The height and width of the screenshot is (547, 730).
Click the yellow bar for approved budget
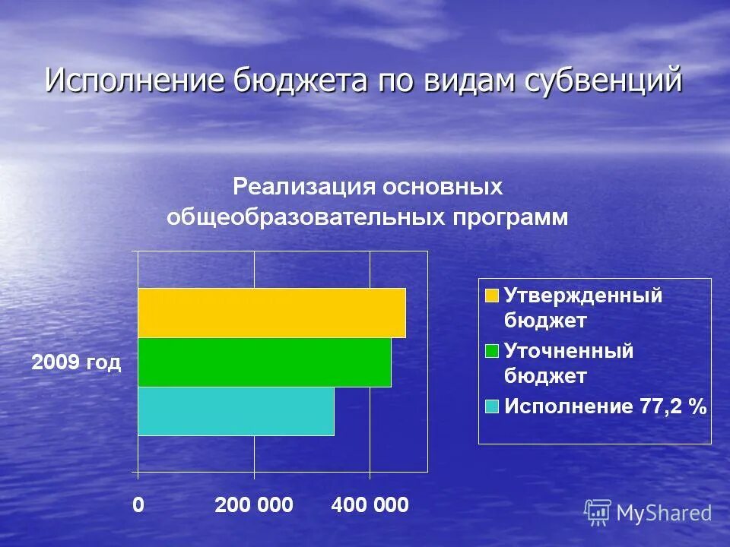click(x=271, y=313)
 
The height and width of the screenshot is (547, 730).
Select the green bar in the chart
click(x=264, y=362)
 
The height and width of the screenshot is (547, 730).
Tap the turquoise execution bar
click(x=236, y=412)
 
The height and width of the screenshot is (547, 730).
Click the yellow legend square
click(x=492, y=296)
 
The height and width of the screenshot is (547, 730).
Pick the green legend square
click(x=492, y=351)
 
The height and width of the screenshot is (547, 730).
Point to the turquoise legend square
click(x=492, y=406)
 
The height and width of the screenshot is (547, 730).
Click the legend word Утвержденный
click(x=583, y=296)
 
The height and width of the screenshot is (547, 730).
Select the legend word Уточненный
click(x=569, y=351)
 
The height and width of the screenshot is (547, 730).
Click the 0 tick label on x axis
click(x=138, y=505)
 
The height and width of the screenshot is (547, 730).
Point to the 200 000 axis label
click(x=254, y=505)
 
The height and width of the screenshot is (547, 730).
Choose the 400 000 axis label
click(x=370, y=505)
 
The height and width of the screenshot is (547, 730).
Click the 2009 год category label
click(x=76, y=363)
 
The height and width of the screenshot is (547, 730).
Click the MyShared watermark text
click(x=663, y=514)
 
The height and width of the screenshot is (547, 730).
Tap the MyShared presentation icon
click(x=598, y=513)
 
